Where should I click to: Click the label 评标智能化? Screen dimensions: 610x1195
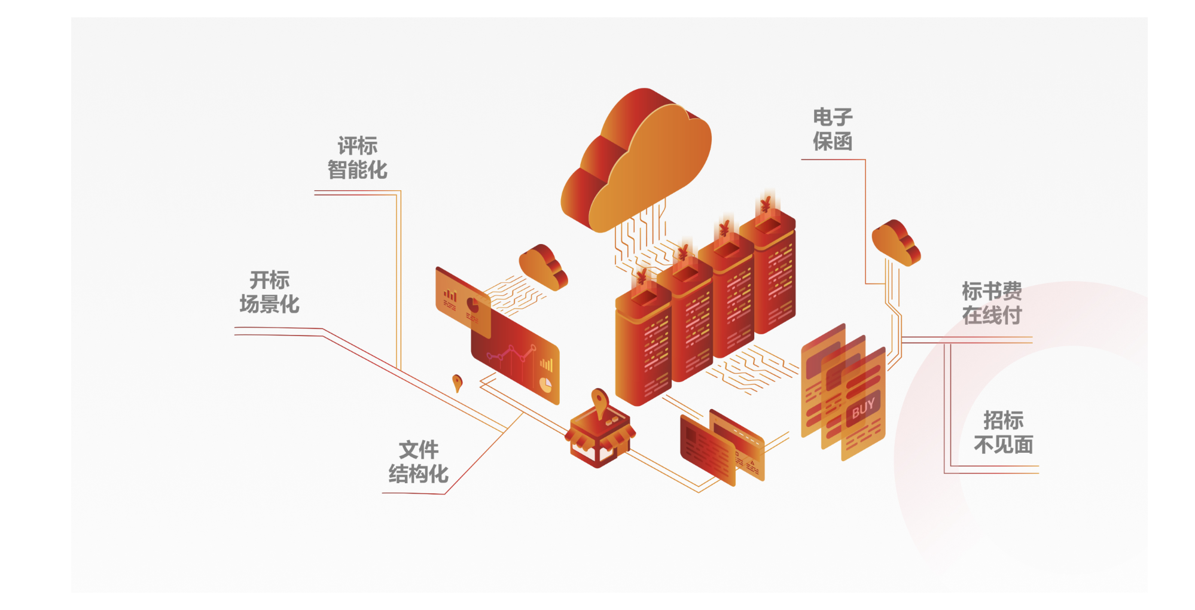coord(357,158)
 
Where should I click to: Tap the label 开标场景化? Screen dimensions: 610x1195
coord(269,292)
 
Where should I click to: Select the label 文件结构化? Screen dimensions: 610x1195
coord(418,462)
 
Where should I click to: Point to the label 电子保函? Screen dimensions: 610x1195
coord(832,129)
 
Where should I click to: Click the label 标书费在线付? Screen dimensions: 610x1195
coord(991,303)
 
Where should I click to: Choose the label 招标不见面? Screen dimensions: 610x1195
coord(1003,432)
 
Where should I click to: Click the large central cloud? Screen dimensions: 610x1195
coord(638,161)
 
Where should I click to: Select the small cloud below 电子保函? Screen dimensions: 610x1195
coord(895,242)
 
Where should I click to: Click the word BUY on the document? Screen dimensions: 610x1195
coord(863,408)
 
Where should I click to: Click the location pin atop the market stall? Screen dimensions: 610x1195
coord(599,399)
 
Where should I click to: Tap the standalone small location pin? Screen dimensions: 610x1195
coord(457,382)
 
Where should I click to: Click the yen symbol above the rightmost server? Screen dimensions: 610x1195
coord(766,205)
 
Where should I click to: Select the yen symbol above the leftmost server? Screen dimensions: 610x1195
coord(641,277)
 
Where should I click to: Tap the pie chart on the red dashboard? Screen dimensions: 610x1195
coord(545,385)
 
